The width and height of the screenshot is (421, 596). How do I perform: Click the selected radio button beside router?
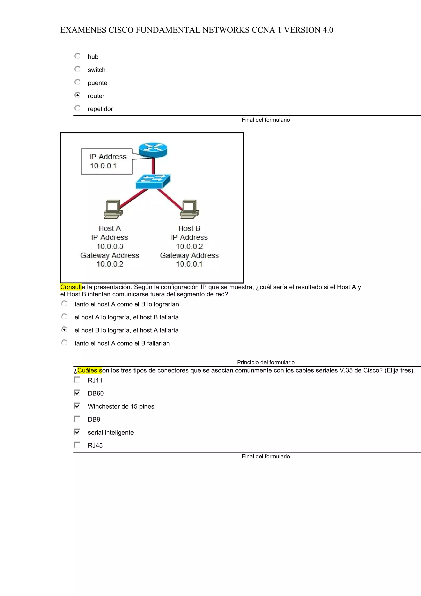pyautogui.click(x=77, y=95)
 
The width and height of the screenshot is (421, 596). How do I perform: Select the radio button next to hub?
pyautogui.click(x=77, y=56)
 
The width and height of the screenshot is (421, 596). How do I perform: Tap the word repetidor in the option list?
pyautogui.click(x=100, y=109)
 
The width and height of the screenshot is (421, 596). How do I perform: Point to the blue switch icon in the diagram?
pyautogui.click(x=153, y=181)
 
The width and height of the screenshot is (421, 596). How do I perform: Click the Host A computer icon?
pyautogui.click(x=113, y=209)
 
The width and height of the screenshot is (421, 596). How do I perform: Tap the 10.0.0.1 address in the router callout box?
pyautogui.click(x=103, y=166)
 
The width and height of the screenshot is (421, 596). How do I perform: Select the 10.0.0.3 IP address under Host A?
pyautogui.click(x=110, y=246)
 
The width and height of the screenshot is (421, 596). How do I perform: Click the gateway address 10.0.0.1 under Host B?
pyautogui.click(x=189, y=264)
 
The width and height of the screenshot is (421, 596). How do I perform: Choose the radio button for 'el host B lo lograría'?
pyautogui.click(x=64, y=330)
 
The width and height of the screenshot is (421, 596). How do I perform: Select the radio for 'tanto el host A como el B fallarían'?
pyautogui.click(x=64, y=343)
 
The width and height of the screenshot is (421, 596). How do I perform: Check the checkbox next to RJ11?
pyautogui.click(x=77, y=380)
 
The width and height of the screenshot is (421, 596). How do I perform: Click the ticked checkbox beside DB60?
pyautogui.click(x=77, y=393)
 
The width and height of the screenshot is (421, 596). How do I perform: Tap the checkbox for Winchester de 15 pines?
pyautogui.click(x=77, y=406)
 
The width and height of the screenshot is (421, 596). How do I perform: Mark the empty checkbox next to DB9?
pyautogui.click(x=77, y=419)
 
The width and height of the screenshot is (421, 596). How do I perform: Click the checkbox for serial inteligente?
pyautogui.click(x=77, y=432)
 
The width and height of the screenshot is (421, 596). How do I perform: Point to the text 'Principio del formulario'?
pyautogui.click(x=266, y=362)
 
